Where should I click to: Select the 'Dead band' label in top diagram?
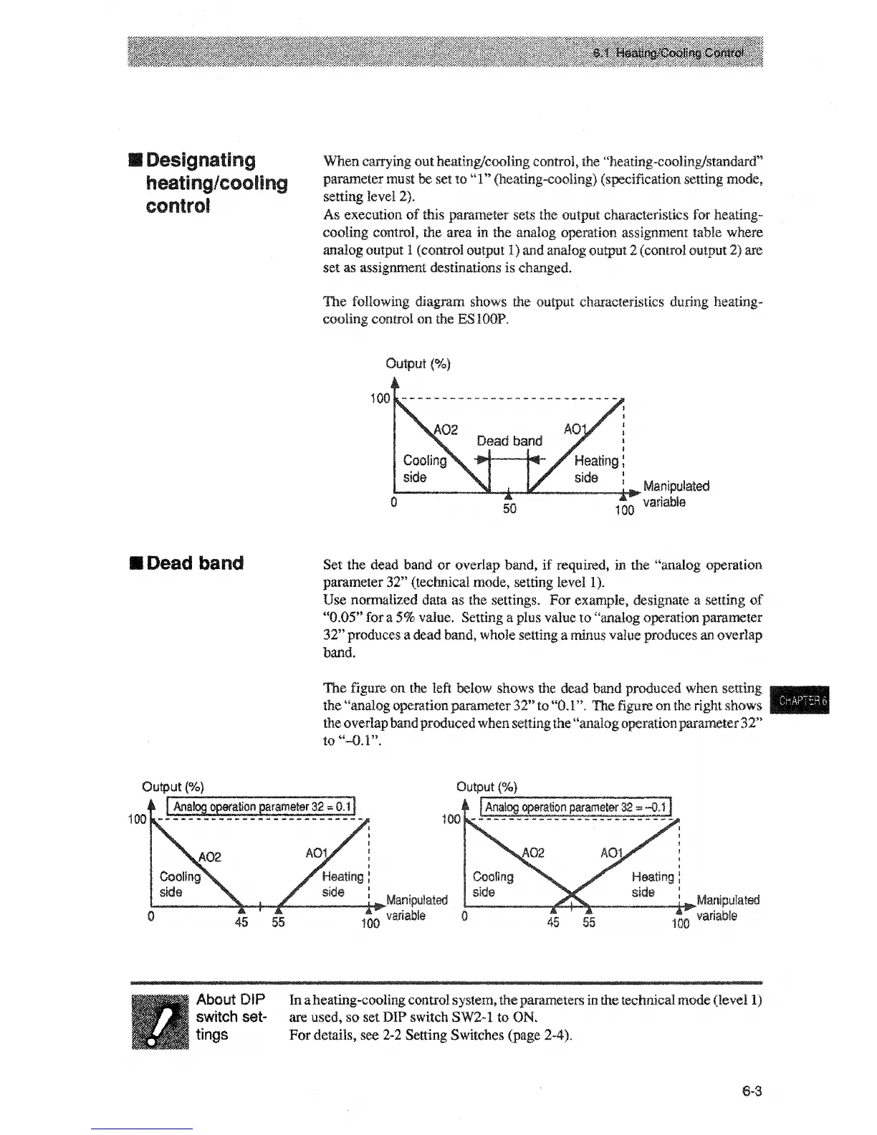509,440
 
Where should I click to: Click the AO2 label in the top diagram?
446,429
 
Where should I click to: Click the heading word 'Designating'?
200,160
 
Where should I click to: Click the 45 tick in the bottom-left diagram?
241,922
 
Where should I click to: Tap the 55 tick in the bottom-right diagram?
588,922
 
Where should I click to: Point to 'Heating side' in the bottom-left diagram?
342,883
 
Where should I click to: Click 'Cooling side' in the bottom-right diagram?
493,884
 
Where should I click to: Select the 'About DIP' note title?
231,1000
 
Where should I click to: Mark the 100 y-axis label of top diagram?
380,398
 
